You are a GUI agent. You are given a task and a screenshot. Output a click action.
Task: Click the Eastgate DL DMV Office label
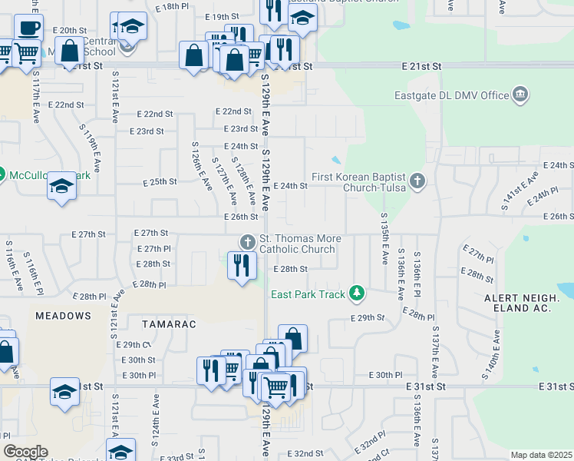(x=459, y=95)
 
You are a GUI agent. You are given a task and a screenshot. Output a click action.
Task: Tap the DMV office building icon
(x=520, y=95)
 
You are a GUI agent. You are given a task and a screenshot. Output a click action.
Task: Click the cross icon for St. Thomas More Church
(x=247, y=241)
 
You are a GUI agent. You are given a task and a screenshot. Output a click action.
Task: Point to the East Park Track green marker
(x=356, y=293)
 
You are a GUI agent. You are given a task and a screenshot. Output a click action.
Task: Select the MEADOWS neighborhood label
(x=63, y=316)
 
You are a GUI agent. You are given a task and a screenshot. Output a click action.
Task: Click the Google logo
(x=25, y=452)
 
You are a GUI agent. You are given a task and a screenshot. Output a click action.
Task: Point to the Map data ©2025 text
(x=540, y=455)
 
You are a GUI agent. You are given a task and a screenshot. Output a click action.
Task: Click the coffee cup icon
(x=29, y=28)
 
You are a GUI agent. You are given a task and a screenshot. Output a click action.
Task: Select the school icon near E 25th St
(x=61, y=186)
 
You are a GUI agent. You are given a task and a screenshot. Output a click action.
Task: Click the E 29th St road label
(x=366, y=317)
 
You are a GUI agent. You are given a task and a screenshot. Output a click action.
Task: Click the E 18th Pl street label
(x=171, y=6)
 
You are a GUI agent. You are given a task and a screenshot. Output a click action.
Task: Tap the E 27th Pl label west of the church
(x=153, y=249)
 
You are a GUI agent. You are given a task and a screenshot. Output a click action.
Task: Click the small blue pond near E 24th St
(x=336, y=161)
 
